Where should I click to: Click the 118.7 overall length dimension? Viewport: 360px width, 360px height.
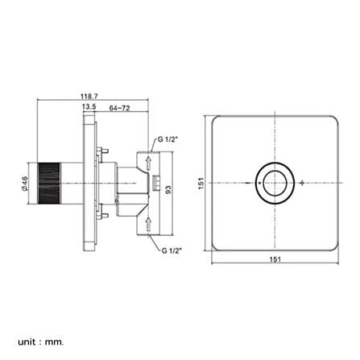click(89, 96)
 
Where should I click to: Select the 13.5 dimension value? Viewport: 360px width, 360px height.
click(89, 107)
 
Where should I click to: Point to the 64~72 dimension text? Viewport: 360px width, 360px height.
click(119, 108)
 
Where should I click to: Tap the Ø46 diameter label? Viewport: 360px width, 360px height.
click(25, 184)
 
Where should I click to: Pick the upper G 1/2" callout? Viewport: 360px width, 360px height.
click(168, 139)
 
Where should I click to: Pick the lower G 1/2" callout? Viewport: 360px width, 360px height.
click(172, 250)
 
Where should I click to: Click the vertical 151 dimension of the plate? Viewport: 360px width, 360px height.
click(201, 184)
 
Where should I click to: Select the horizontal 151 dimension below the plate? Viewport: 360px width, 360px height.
click(275, 259)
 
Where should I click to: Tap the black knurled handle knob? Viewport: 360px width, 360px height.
click(49, 184)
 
